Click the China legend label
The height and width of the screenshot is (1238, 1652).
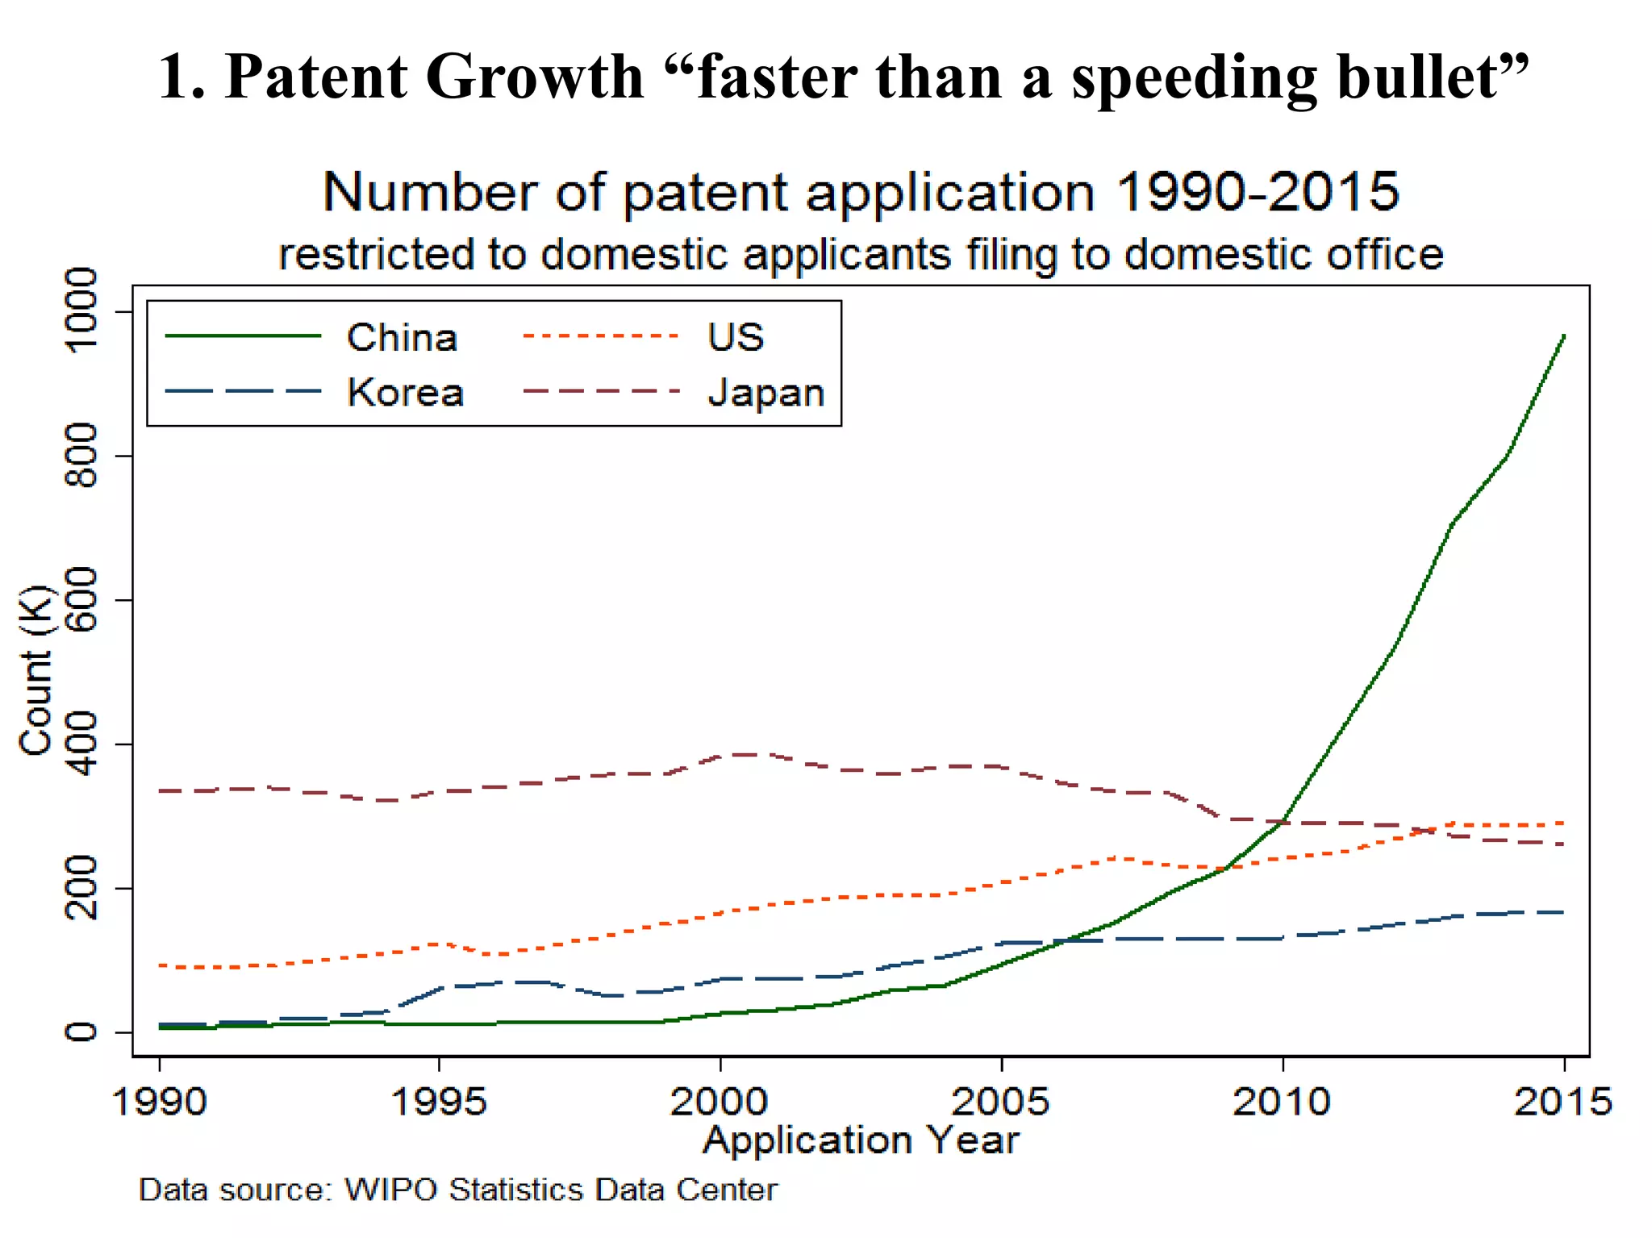pyautogui.click(x=402, y=337)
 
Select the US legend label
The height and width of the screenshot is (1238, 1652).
pyautogui.click(x=735, y=337)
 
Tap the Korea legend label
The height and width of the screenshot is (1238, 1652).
pyautogui.click(x=405, y=393)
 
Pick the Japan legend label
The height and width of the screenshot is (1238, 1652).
pyautogui.click(x=766, y=393)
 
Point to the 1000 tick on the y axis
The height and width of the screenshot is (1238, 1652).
pyautogui.click(x=81, y=311)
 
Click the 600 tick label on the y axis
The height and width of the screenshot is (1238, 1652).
pyautogui.click(x=81, y=600)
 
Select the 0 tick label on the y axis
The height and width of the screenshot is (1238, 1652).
pyautogui.click(x=81, y=1032)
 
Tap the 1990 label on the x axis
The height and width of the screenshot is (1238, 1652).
pyautogui.click(x=160, y=1101)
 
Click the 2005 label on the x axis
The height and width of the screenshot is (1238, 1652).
pyautogui.click(x=1001, y=1101)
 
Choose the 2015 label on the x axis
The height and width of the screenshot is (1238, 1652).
pyautogui.click(x=1562, y=1101)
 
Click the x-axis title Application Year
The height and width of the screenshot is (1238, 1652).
pyautogui.click(x=861, y=1140)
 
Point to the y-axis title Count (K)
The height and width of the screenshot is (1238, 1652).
pyautogui.click(x=35, y=671)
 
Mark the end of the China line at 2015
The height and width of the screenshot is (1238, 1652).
pyautogui.click(x=1564, y=335)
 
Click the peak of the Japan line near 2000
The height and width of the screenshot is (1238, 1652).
pyautogui.click(x=746, y=754)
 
